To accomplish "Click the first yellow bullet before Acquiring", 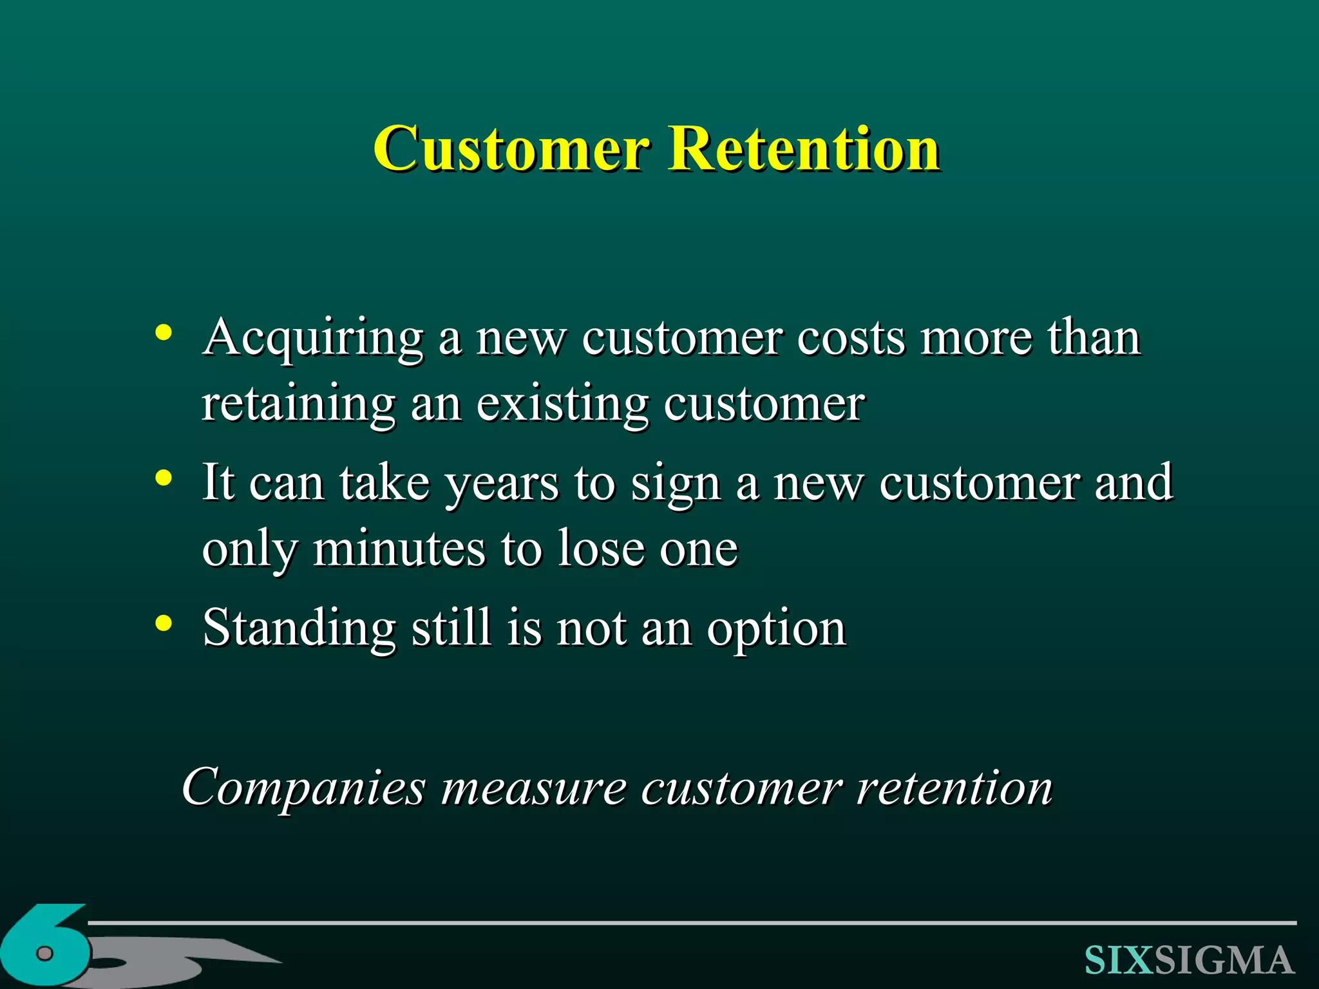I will pyautogui.click(x=164, y=333).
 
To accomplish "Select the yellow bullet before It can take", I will pyautogui.click(x=164, y=478).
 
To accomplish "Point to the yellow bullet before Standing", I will pyautogui.click(x=164, y=623).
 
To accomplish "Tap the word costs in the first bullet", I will pyautogui.click(x=851, y=338).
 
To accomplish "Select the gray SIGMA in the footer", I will pyautogui.click(x=1224, y=960).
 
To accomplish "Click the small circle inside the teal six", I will pyautogui.click(x=44, y=953).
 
